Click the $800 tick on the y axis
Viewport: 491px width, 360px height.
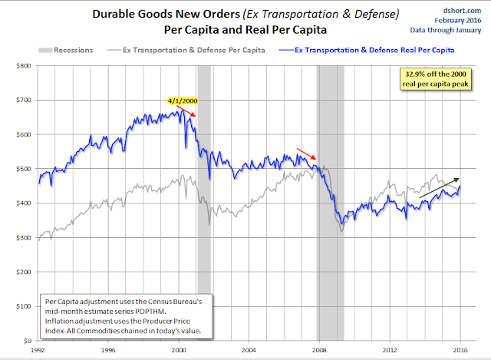[x=24, y=66]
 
